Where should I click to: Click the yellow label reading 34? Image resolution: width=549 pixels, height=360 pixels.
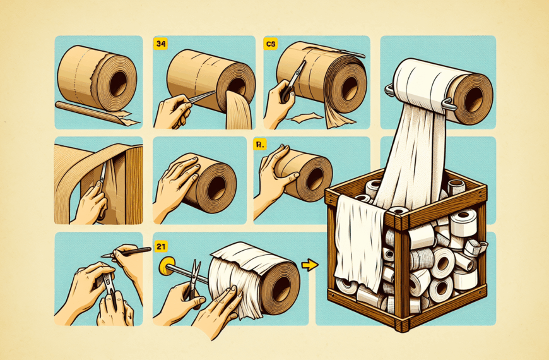(162, 44)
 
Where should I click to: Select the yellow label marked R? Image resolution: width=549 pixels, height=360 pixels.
(259, 145)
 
